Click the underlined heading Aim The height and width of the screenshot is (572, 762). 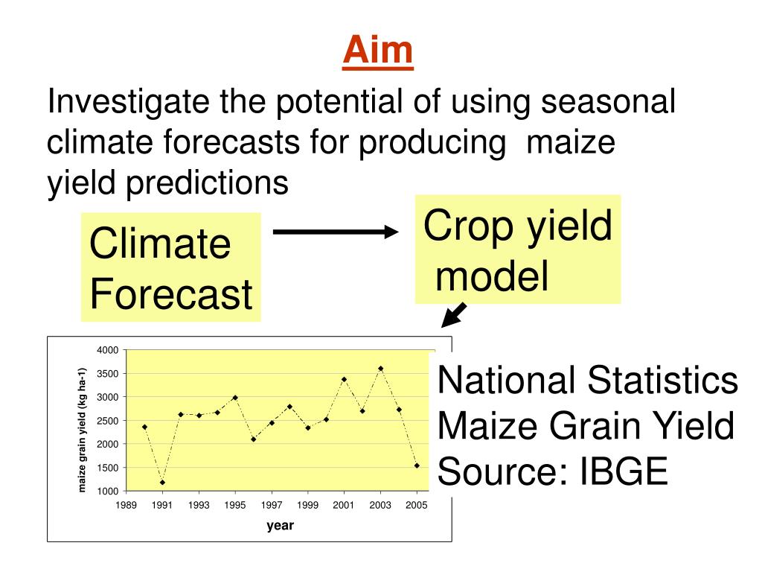378,51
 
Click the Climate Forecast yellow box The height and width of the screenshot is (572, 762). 170,267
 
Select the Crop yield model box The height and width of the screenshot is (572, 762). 518,250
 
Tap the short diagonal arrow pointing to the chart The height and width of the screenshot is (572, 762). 454,315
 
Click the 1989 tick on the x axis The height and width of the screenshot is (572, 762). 127,506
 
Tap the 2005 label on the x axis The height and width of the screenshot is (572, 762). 416,506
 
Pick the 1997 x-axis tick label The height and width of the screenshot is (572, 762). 272,506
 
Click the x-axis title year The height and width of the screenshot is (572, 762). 281,526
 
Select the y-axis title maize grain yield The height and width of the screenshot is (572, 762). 83,430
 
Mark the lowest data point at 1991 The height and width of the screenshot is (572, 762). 162,482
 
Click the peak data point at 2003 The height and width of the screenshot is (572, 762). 380,368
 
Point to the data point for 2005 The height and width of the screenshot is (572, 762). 417,465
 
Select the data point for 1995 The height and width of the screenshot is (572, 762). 235,398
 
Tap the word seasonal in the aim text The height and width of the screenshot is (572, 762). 609,102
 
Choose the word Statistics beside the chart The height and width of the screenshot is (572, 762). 662,381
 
